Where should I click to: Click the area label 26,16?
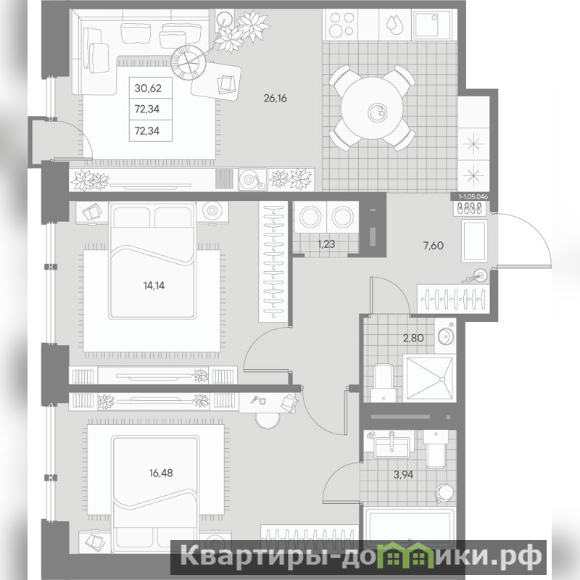pyautogui.click(x=275, y=99)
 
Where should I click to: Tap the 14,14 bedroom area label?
pyautogui.click(x=154, y=286)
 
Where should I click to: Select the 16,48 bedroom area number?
pyautogui.click(x=161, y=473)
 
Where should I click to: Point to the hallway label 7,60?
pyautogui.click(x=433, y=246)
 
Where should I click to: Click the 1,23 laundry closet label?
pyautogui.click(x=327, y=244)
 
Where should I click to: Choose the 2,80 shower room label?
pyautogui.click(x=413, y=338)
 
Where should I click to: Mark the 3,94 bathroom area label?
pyautogui.click(x=403, y=475)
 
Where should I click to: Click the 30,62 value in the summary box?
pyautogui.click(x=148, y=88)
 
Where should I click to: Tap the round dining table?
pyautogui.click(x=372, y=108)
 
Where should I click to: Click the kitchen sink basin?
pyautogui.click(x=431, y=25)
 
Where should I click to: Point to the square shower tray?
pyautogui.click(x=429, y=378)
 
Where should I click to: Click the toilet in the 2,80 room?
pyautogui.click(x=384, y=383)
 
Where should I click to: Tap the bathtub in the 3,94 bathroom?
pyautogui.click(x=409, y=526)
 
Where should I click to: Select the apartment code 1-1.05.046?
pyautogui.click(x=473, y=196)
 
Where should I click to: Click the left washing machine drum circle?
pyautogui.click(x=310, y=217)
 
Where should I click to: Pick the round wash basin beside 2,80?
pyautogui.click(x=446, y=336)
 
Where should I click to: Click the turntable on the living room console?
pyautogui.click(x=252, y=180)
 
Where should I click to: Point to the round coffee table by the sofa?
pyautogui.click(x=188, y=62)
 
